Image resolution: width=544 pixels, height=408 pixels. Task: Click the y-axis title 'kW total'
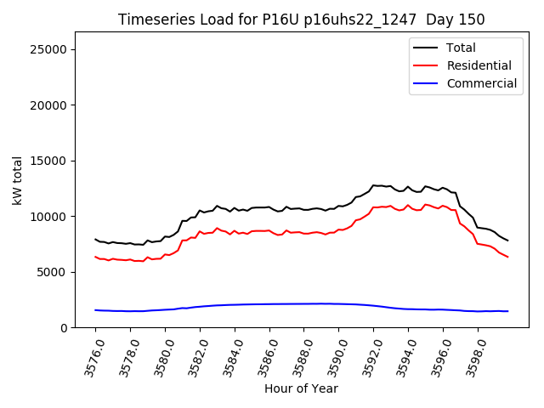click(x=17, y=179)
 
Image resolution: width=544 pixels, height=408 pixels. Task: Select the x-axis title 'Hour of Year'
click(x=301, y=388)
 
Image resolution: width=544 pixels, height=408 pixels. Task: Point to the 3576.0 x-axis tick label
click(x=87, y=355)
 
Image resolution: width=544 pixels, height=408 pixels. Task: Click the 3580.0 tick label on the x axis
click(x=156, y=355)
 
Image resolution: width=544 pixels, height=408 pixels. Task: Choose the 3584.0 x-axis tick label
click(x=226, y=355)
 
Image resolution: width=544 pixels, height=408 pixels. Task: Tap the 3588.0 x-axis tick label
click(x=296, y=355)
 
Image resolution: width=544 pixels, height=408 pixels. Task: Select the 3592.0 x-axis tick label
click(x=365, y=355)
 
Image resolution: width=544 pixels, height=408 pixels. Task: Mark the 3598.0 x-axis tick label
click(x=470, y=355)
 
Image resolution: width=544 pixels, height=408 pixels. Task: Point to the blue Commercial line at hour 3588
click(x=304, y=303)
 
